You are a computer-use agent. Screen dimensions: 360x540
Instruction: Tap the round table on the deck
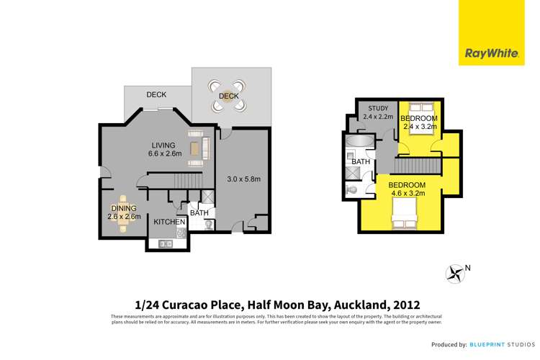(228, 96)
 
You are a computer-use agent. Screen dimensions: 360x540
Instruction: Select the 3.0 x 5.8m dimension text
(243, 179)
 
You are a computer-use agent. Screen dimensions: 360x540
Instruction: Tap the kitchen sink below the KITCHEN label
(163, 243)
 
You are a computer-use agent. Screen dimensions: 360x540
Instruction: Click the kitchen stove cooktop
(181, 233)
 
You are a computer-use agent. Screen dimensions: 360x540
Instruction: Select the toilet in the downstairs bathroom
(208, 225)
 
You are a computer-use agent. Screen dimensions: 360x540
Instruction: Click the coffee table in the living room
(194, 148)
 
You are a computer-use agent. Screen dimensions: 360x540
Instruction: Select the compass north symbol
(455, 273)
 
